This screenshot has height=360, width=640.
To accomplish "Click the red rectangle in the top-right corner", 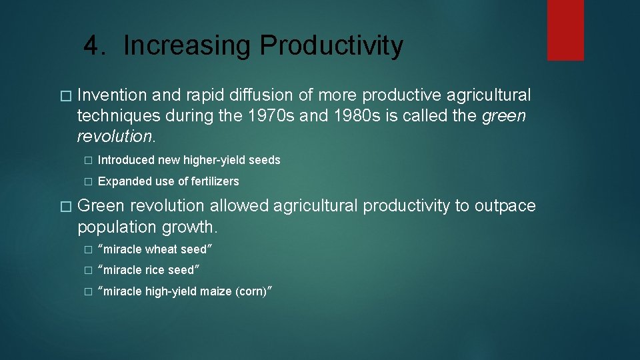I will pos(565,30).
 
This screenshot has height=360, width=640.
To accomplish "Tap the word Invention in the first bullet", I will pos(110,95).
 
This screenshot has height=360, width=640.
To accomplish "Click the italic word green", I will pos(503,116).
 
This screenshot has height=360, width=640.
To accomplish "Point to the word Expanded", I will pos(122,181).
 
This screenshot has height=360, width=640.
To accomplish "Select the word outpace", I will pos(505,206).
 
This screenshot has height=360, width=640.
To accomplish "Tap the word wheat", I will pos(161,249).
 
